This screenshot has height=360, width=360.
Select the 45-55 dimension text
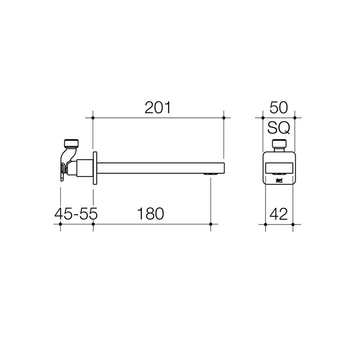coord(76,214)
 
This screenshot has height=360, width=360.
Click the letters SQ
coord(279,128)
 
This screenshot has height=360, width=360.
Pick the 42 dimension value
coord(279,214)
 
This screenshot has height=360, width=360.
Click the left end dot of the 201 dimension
coord(93,118)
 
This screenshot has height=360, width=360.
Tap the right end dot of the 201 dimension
coord(224,118)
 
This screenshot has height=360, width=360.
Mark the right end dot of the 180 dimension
coord(211,224)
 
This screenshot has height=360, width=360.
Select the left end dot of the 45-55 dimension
coord(61,224)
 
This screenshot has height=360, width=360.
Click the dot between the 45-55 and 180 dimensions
coord(93,224)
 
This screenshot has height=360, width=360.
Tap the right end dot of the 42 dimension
coord(293,224)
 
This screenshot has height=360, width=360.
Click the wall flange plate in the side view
coord(94,168)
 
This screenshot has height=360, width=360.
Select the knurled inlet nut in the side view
coord(72,144)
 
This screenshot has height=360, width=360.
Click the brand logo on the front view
coord(279,180)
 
